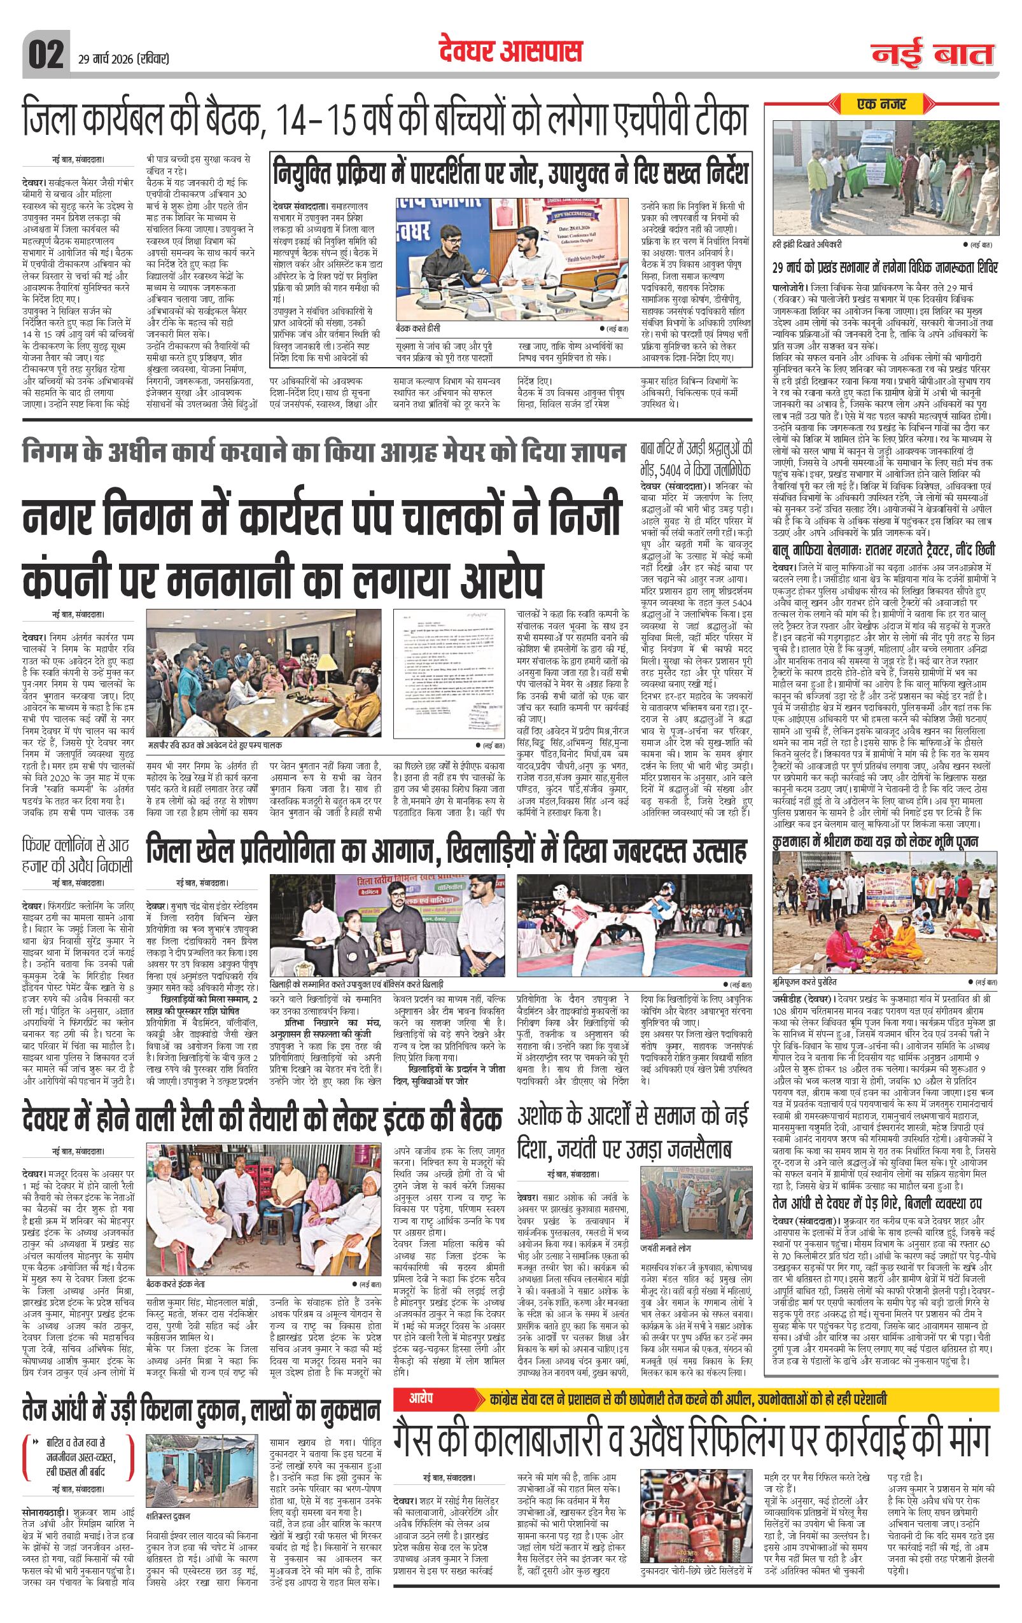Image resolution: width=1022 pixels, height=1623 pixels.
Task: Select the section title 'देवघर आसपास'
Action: pos(510,52)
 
